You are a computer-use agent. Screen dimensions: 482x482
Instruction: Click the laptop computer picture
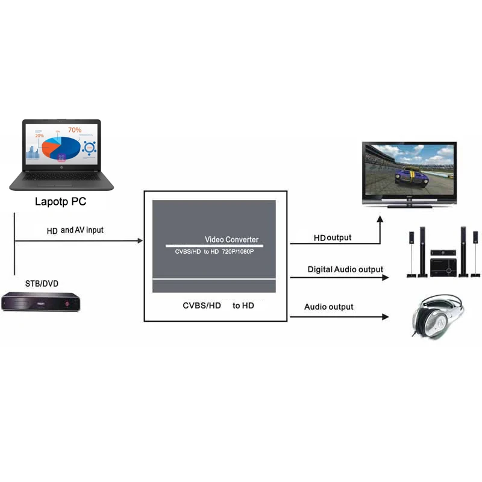pos(61,155)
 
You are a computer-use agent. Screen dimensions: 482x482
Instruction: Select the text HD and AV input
pos(75,230)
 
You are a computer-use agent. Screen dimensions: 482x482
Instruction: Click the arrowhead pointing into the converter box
pos(140,241)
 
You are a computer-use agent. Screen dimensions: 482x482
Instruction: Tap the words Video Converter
pos(231,240)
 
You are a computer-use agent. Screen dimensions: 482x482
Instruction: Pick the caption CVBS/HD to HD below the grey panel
pos(218,305)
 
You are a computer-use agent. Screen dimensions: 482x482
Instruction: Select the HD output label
pos(333,238)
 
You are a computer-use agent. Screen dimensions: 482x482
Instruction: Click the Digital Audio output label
pos(345,269)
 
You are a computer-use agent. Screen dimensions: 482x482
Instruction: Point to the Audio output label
pos(329,307)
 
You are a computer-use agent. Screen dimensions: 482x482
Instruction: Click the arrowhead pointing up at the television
pos(380,221)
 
